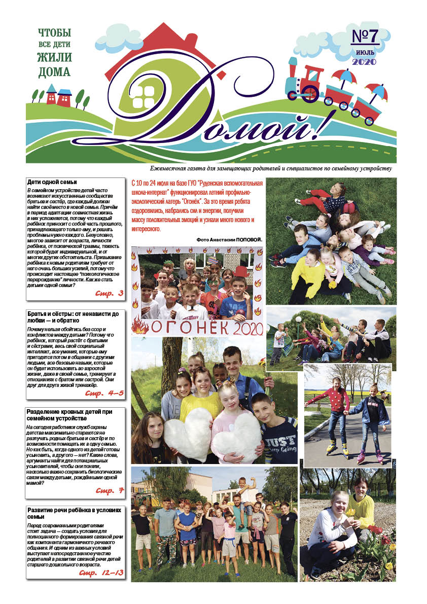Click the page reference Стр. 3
pos(109,293)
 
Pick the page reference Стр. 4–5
pos(104,393)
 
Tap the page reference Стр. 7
pos(110,491)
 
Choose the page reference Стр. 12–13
pos(101,573)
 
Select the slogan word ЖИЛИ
pos(54,57)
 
